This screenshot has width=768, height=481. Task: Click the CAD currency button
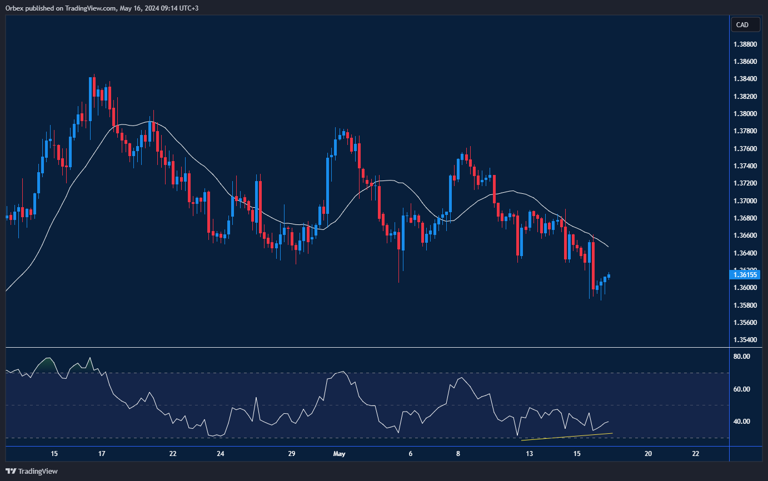click(742, 25)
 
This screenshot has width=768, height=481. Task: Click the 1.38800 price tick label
click(745, 44)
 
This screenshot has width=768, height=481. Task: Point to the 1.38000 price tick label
click(745, 114)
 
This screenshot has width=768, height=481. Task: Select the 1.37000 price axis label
click(745, 201)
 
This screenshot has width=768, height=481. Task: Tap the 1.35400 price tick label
click(745, 340)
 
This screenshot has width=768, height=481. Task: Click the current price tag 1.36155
click(745, 274)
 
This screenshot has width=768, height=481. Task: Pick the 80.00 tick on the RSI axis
click(742, 357)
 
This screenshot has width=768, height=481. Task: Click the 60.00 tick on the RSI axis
click(742, 389)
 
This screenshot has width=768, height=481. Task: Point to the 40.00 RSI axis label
click(742, 422)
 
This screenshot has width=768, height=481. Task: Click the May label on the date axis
click(339, 454)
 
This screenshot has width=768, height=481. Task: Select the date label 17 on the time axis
click(102, 454)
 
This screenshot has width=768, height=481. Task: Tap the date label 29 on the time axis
click(292, 454)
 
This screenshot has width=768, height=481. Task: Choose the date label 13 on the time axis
click(530, 454)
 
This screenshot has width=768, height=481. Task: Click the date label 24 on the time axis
click(221, 454)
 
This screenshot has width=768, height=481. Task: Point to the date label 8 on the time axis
click(458, 454)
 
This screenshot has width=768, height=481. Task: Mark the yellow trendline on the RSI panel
click(567, 437)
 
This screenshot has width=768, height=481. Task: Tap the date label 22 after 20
click(696, 454)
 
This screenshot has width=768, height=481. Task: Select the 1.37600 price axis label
click(745, 149)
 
